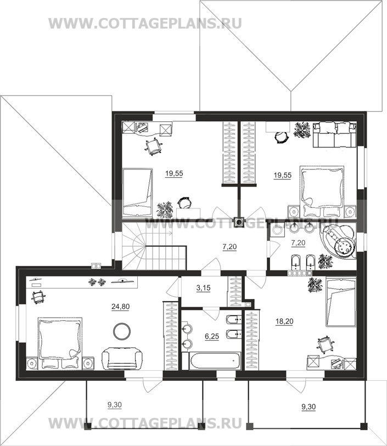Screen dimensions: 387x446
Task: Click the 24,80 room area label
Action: tap(121, 307)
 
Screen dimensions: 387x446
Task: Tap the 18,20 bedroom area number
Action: tap(284, 321)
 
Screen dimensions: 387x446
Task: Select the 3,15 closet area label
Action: tap(204, 288)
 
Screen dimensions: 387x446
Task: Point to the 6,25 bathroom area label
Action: tap(212, 336)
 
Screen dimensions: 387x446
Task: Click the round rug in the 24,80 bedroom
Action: tap(122, 331)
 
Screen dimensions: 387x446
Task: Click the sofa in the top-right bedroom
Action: tap(335, 134)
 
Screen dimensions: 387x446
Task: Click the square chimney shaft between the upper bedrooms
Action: tap(239, 222)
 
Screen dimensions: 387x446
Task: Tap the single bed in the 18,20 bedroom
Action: tap(341, 302)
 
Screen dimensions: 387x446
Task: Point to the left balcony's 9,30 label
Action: tap(115, 405)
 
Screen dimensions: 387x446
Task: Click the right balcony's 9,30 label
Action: tap(309, 407)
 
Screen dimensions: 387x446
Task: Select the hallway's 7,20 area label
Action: tap(229, 247)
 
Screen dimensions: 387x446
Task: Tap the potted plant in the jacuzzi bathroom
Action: tap(325, 262)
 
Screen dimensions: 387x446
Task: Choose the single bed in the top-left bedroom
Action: tap(137, 192)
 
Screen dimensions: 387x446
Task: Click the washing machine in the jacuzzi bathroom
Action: tap(277, 230)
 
